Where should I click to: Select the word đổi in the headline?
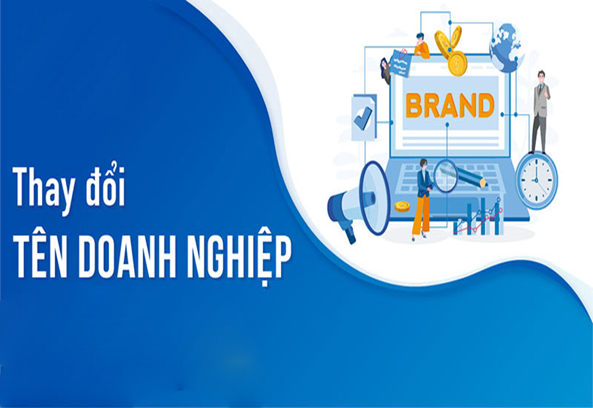click(x=105, y=185)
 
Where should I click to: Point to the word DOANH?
click(x=127, y=258)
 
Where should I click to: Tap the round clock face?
click(x=537, y=180)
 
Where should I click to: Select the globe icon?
click(x=506, y=48)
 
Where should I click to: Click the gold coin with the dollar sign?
click(x=457, y=63)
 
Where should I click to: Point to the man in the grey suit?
click(x=540, y=112)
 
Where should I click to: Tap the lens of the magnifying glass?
click(x=445, y=176)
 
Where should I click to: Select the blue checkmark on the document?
click(x=362, y=118)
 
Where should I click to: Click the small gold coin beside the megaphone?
click(x=402, y=207)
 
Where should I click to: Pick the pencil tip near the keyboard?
click(x=484, y=184)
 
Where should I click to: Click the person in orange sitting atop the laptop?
click(x=422, y=46)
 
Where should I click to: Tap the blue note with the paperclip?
click(x=399, y=63)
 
